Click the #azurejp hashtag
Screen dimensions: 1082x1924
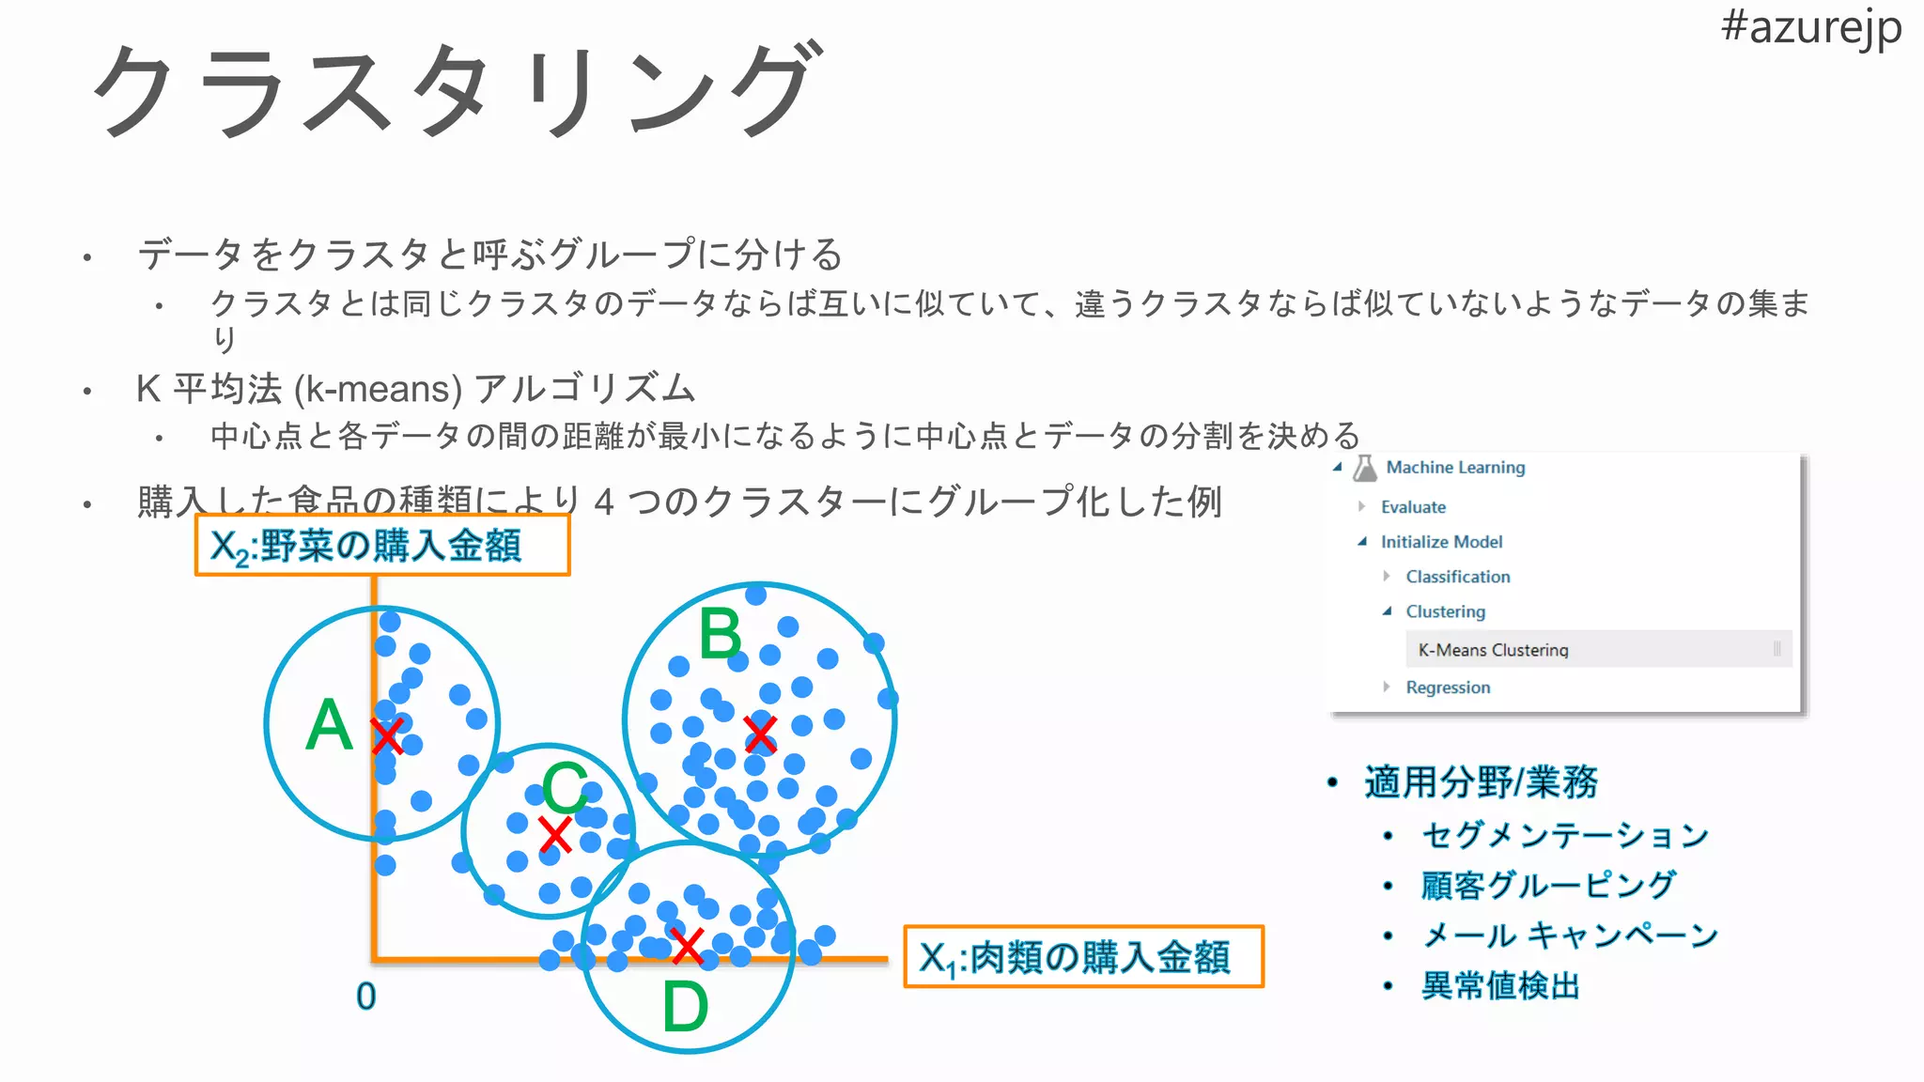1810,28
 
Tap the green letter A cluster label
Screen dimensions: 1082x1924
329,725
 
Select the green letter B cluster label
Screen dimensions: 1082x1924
721,635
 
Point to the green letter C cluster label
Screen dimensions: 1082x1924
565,787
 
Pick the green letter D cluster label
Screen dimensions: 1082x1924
685,1007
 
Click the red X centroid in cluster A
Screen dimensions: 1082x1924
386,736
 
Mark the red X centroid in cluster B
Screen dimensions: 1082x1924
760,734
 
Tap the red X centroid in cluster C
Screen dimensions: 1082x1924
555,834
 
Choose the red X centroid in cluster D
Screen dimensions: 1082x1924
688,946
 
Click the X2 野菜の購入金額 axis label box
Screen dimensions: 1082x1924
382,546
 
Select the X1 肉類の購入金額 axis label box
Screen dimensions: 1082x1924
1083,957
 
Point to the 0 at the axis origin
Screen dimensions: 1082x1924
365,997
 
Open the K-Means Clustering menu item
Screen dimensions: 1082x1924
1493,650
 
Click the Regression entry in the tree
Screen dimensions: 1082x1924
1448,688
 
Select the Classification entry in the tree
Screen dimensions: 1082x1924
1458,577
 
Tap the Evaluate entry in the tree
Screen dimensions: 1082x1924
1413,507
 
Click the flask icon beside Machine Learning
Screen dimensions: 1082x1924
1365,468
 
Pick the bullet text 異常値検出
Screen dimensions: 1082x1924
1500,986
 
